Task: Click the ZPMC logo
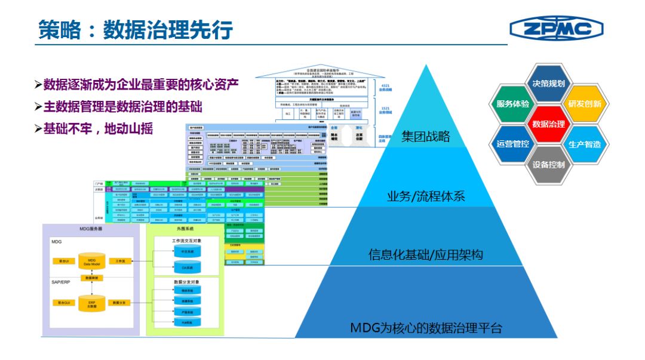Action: pyautogui.click(x=556, y=28)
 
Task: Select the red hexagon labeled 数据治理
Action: pyautogui.click(x=548, y=124)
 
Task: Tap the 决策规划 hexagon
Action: pyautogui.click(x=548, y=84)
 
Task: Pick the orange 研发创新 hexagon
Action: pyautogui.click(x=585, y=103)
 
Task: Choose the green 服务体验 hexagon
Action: pyautogui.click(x=512, y=103)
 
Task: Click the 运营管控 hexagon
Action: pyautogui.click(x=512, y=144)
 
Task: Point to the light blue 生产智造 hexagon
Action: pyautogui.click(x=585, y=144)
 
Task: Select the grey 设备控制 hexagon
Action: pyautogui.click(x=548, y=164)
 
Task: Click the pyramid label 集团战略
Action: pyautogui.click(x=425, y=136)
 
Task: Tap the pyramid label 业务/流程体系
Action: pyautogui.click(x=425, y=196)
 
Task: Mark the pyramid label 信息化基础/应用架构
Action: pyautogui.click(x=425, y=255)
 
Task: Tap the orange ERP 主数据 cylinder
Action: pyautogui.click(x=92, y=303)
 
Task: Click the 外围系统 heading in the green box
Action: pyautogui.click(x=185, y=229)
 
